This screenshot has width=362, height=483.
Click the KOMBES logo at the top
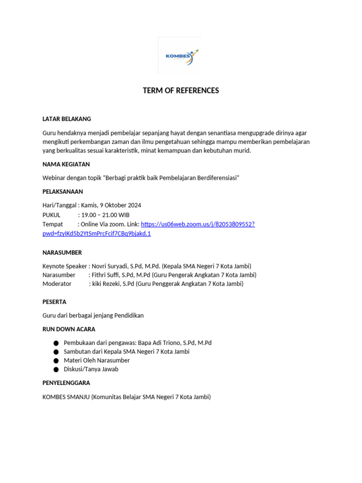pos(180,56)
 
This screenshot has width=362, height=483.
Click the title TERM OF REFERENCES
pos(181,91)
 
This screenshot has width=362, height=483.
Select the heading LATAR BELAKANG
pos(66,119)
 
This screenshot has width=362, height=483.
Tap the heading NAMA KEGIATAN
pos(66,164)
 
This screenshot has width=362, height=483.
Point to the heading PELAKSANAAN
pos(63,192)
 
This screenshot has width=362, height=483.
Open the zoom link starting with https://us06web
pos(197,224)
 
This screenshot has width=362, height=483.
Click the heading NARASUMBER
pos(62,252)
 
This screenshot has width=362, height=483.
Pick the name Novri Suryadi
pos(110,266)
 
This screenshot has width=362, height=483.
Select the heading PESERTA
pos(54,302)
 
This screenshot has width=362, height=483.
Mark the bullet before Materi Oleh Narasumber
pos(56,361)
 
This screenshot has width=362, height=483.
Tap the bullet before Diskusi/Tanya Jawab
pos(56,370)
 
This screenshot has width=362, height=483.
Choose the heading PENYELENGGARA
pos(66,383)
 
